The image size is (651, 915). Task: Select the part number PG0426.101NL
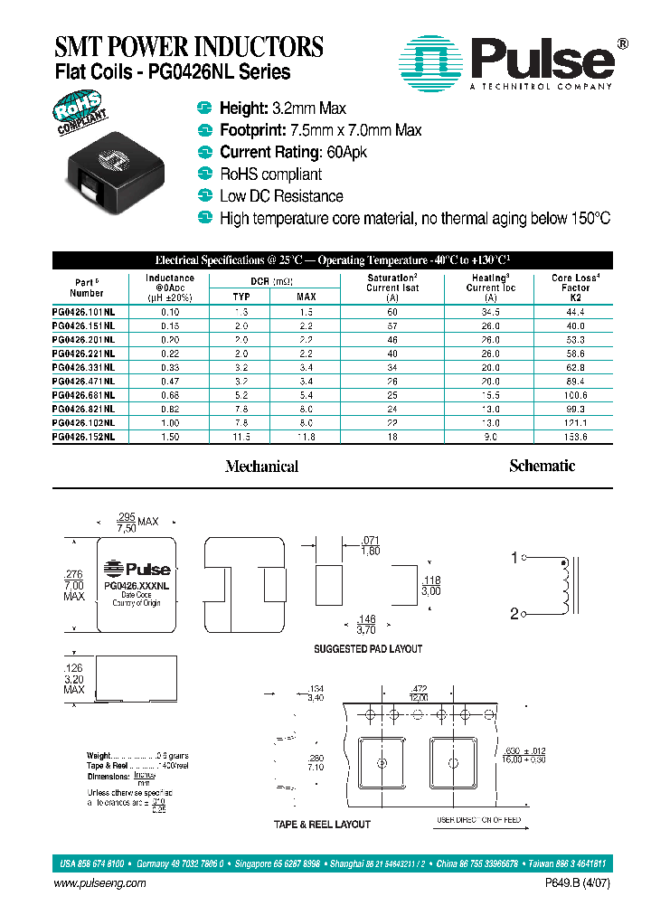tap(84, 311)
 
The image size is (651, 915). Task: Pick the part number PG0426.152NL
tap(84, 437)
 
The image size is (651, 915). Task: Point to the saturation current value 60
tap(392, 311)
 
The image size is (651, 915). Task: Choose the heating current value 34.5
tap(490, 311)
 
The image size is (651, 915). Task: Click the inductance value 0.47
tap(169, 381)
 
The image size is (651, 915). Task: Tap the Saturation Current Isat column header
tap(392, 288)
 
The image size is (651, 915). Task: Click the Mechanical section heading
tap(261, 467)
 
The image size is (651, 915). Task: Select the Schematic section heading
tap(542, 466)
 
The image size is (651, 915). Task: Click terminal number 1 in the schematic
tap(514, 559)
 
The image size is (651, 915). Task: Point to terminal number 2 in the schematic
tap(514, 615)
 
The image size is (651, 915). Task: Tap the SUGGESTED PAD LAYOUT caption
tap(368, 649)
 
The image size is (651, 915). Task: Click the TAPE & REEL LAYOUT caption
tap(322, 825)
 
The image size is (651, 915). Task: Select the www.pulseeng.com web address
tap(102, 884)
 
